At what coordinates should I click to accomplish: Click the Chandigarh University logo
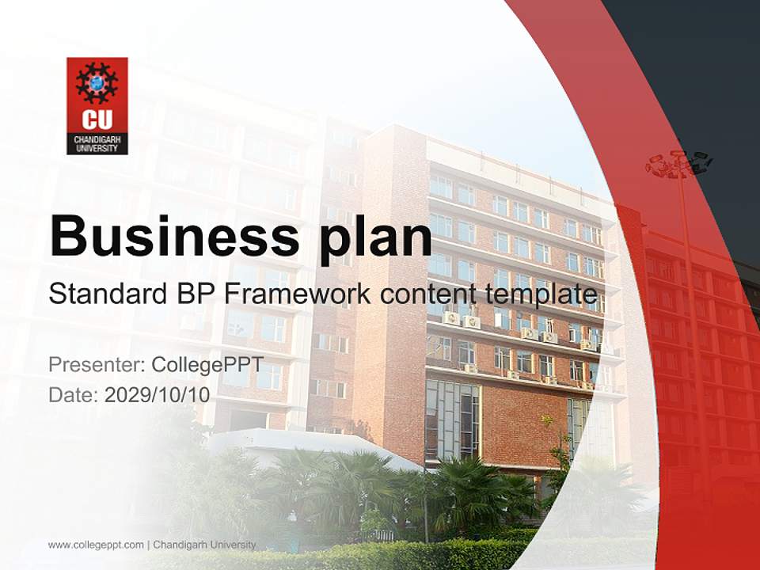(97, 105)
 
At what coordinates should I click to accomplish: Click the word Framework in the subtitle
(296, 294)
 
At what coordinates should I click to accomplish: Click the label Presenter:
(96, 365)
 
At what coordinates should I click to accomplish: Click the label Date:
(74, 394)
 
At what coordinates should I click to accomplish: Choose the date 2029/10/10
(158, 394)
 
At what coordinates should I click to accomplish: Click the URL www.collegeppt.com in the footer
(96, 545)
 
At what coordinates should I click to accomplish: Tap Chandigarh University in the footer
(204, 545)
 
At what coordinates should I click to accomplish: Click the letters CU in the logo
(97, 121)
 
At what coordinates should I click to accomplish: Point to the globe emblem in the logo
(97, 82)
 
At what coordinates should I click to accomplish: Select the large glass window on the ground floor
(452, 420)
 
